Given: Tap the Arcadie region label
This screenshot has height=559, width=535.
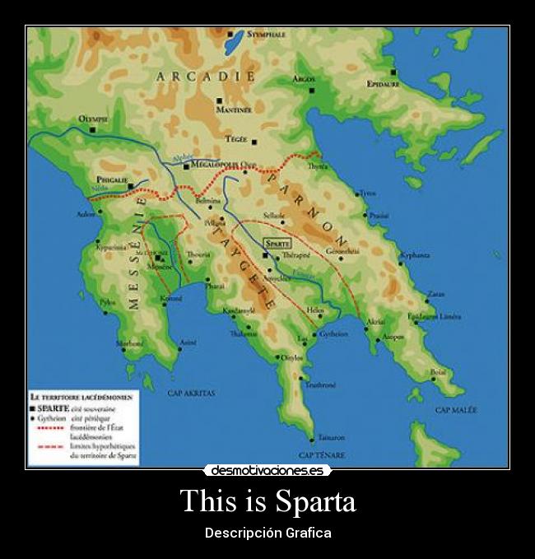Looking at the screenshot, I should (203, 76).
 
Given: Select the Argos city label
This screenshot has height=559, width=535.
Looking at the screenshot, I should (304, 78).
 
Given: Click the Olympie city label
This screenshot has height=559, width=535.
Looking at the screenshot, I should (93, 119).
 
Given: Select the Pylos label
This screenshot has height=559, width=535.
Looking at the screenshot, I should (108, 302).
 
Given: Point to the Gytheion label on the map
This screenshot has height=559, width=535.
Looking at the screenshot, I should (333, 334).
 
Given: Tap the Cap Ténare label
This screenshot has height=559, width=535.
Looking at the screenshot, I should (322, 454).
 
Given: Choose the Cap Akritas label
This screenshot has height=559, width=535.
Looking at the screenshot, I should (191, 393).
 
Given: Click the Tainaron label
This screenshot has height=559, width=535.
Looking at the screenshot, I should (331, 437).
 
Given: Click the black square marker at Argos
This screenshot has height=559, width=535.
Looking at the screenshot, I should (312, 90).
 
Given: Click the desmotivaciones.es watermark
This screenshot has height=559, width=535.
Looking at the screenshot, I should (267, 471).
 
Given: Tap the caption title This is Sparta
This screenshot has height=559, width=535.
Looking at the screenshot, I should (267, 501).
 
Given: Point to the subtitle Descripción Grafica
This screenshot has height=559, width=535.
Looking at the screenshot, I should (267, 533).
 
